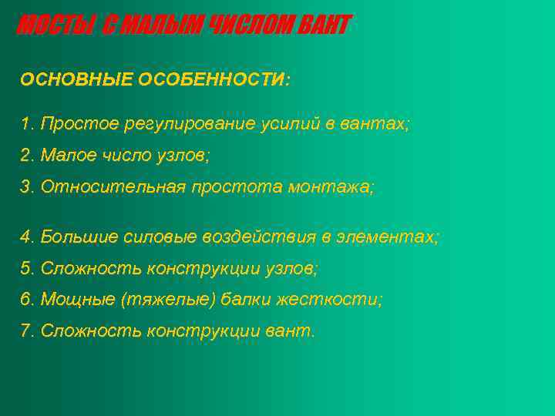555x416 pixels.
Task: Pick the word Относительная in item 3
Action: (113, 186)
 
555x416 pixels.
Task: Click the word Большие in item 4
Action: (79, 237)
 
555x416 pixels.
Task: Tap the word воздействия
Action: (263, 237)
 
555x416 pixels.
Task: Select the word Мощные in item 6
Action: (77, 300)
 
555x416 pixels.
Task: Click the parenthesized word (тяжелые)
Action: (166, 300)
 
